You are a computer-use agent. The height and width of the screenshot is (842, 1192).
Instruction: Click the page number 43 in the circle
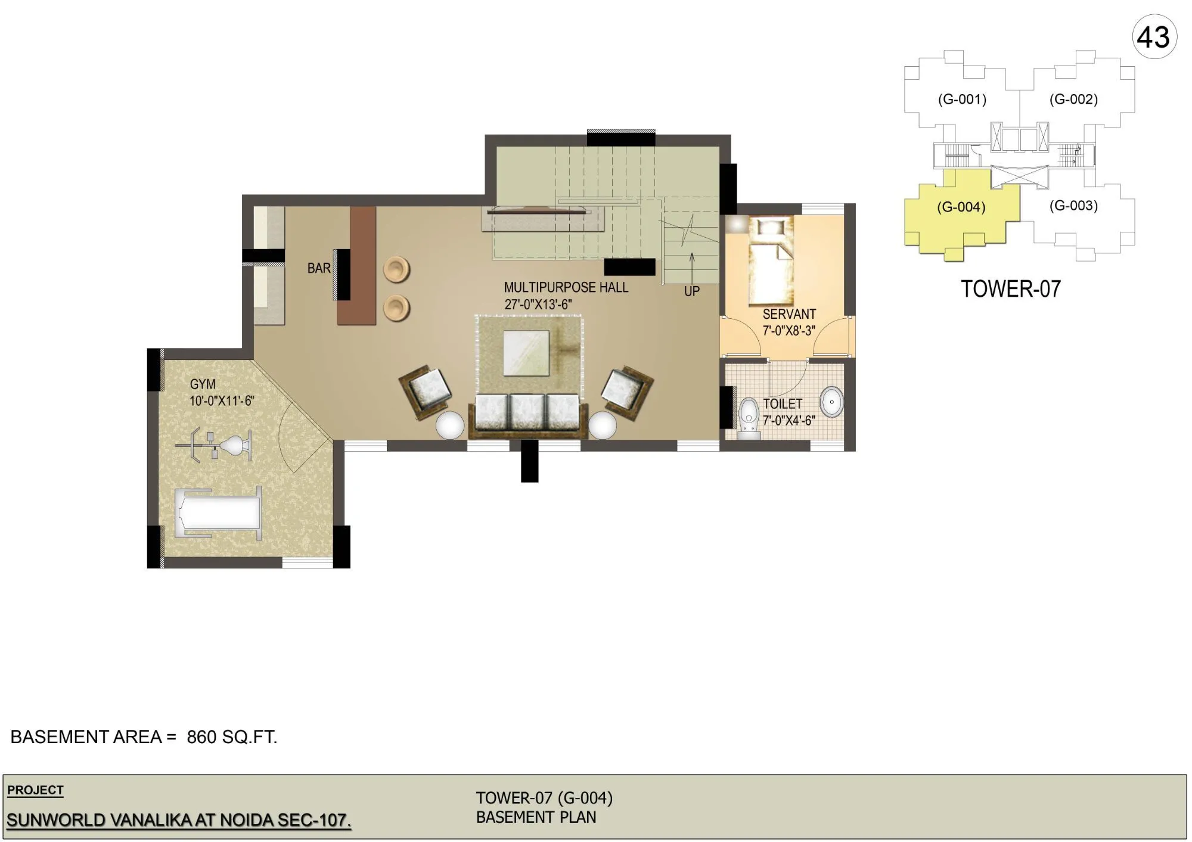[x=1154, y=38]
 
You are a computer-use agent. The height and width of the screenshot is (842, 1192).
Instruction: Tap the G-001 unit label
[x=962, y=100]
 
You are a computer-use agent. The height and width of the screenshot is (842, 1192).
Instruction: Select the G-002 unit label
[x=1073, y=100]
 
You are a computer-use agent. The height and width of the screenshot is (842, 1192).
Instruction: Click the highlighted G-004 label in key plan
[x=961, y=207]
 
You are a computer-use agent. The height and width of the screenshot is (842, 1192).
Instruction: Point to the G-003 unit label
[x=1073, y=206]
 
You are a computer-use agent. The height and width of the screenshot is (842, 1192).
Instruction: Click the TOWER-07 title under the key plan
[x=1011, y=289]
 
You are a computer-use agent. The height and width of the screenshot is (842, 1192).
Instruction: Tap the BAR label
[x=319, y=269]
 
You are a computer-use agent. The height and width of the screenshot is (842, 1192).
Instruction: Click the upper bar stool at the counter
[x=396, y=270]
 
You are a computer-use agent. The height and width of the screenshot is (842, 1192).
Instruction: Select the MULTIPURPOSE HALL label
[x=566, y=287]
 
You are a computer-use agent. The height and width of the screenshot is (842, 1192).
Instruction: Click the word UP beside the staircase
[x=691, y=291]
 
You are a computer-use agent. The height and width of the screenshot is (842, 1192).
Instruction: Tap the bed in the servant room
[x=771, y=262]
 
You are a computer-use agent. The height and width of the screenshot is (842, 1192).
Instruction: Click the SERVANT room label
[x=789, y=314]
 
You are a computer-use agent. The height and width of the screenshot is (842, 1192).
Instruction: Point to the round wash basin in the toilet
[x=831, y=402]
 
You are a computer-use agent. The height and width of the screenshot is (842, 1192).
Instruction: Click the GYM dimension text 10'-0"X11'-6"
[x=222, y=401]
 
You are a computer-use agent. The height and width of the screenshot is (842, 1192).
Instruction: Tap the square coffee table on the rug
[x=526, y=353]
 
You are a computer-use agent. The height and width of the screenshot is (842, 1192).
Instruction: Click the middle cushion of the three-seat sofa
[x=527, y=411]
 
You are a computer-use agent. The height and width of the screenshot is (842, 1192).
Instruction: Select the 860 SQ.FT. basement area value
[x=232, y=737]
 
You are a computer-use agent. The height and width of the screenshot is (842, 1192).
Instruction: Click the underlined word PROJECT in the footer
[x=35, y=790]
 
